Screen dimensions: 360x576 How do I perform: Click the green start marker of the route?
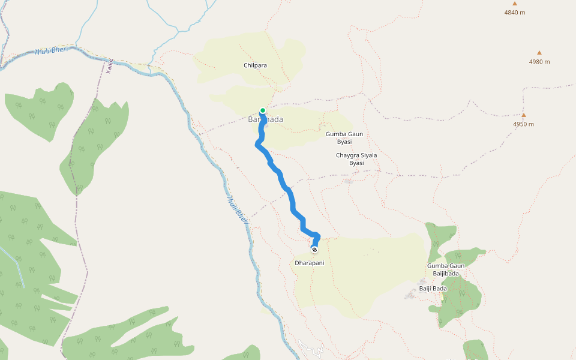tap(263, 110)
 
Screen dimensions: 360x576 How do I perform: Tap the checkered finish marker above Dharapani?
tap(314, 249)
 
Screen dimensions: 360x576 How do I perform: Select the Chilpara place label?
tap(255, 65)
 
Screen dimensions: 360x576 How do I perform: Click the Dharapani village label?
tap(310, 263)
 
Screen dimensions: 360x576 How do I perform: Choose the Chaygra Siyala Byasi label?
tap(356, 159)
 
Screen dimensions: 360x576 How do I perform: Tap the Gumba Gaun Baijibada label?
tap(445, 269)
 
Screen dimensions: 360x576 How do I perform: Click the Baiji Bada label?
tap(433, 289)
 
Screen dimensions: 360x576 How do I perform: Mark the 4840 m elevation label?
tap(514, 12)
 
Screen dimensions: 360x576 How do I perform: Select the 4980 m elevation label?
tap(539, 62)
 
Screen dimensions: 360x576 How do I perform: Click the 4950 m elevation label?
tap(523, 124)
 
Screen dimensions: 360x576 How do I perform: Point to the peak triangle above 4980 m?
tap(539, 53)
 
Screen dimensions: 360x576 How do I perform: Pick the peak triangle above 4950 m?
tap(523, 115)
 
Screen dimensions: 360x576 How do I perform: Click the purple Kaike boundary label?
tap(110, 65)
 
